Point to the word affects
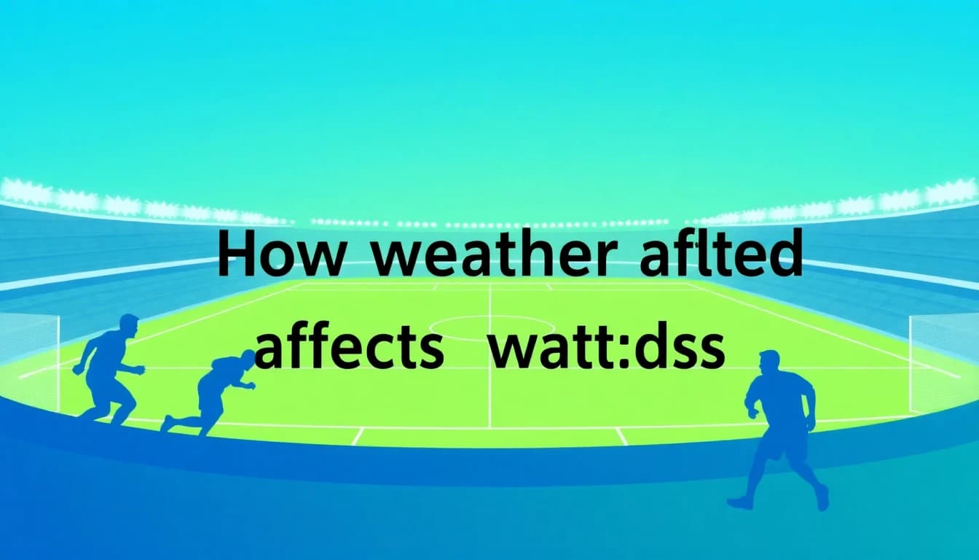point(349,350)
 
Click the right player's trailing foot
point(740,502)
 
